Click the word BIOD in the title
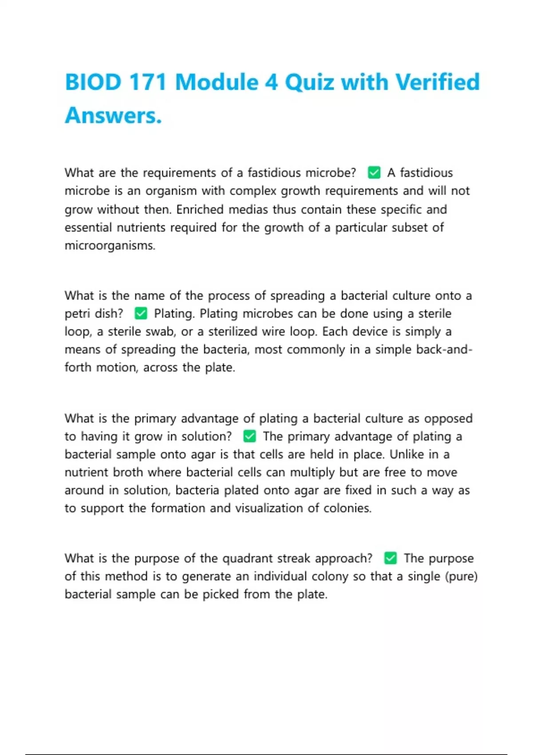93,82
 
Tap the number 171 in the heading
147,82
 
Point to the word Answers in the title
113,115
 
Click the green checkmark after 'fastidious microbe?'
374,172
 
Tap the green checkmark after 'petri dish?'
141,314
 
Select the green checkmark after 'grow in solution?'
250,437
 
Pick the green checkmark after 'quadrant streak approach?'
390,558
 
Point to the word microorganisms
110,246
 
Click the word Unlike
407,454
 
